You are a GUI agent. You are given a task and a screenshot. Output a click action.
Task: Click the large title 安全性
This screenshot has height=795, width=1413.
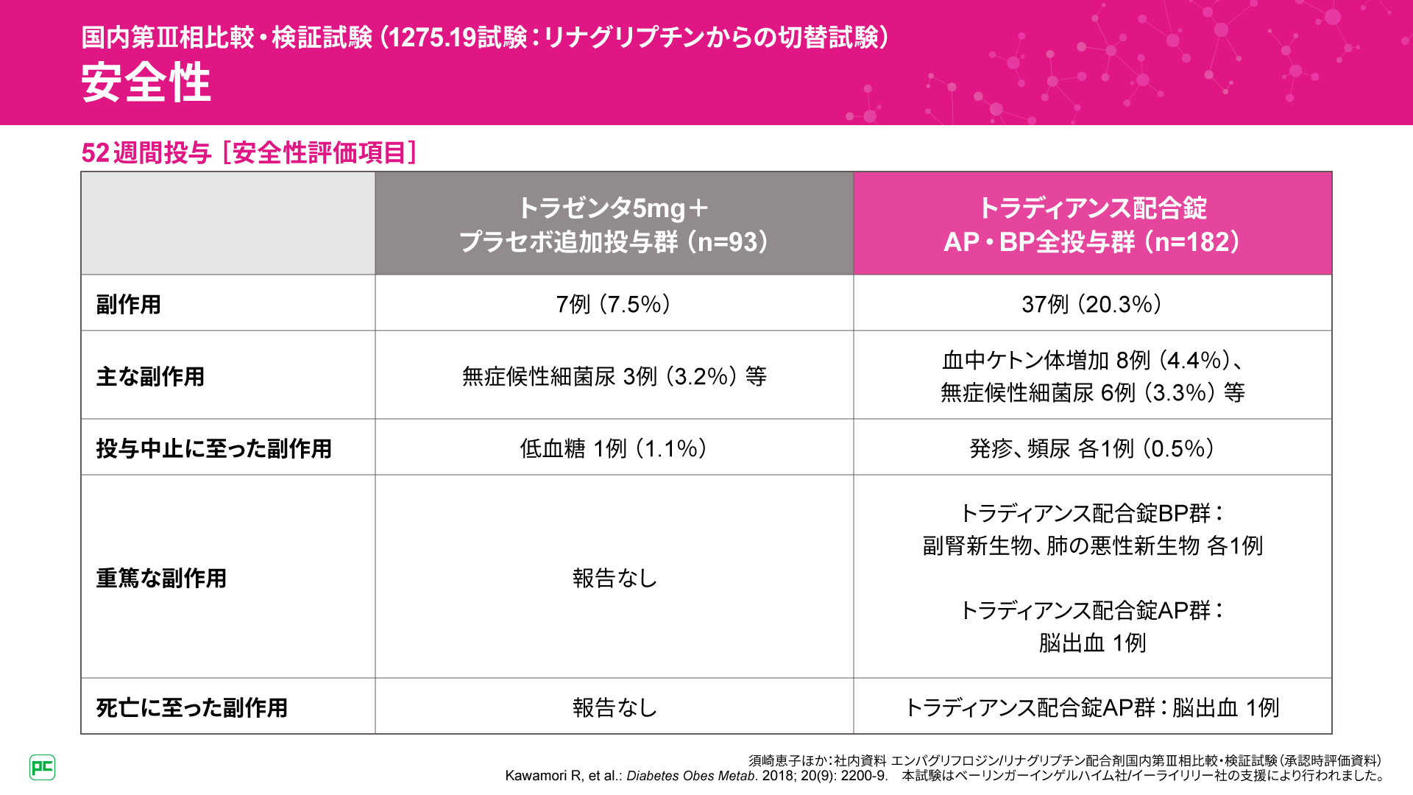coord(146,82)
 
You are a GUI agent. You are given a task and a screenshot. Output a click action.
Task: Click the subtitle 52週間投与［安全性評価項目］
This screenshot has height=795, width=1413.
coord(249,153)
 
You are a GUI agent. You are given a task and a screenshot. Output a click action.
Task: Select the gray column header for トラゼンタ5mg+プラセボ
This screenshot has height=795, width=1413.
coord(614,224)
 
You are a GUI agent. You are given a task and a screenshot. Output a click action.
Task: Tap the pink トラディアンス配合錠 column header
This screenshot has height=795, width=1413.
coord(1092,224)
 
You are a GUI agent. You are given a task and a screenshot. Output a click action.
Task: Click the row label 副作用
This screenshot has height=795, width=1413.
coord(129,304)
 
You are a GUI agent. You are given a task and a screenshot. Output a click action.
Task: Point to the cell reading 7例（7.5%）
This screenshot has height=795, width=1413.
coord(614,304)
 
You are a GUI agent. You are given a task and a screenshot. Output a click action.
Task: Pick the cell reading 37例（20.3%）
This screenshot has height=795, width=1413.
coord(1092,304)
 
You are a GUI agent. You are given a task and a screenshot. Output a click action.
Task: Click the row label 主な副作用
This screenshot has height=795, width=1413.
coord(150,376)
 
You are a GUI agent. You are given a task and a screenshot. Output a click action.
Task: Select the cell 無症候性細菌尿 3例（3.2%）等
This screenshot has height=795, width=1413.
coord(614,376)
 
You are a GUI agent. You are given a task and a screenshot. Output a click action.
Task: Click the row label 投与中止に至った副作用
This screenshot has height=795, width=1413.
coord(213,448)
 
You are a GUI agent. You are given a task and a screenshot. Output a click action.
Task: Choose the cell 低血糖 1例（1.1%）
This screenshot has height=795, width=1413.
coord(614,448)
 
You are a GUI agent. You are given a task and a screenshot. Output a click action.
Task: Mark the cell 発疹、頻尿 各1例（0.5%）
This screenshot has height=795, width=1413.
coord(1092,448)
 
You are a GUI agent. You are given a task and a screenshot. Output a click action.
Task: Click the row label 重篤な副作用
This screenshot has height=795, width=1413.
coord(161,578)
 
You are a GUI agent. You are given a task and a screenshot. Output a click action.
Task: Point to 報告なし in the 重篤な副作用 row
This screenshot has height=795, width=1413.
coord(614,578)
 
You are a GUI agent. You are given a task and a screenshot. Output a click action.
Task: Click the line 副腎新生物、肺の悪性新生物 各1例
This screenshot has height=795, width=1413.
coord(1092,545)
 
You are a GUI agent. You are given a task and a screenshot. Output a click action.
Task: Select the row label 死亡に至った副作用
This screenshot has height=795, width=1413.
coord(191,707)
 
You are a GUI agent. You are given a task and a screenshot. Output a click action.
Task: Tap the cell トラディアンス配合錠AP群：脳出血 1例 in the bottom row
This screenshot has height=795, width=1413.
coord(1092,707)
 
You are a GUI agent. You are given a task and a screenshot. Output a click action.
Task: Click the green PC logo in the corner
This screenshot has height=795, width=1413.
coord(42,767)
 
